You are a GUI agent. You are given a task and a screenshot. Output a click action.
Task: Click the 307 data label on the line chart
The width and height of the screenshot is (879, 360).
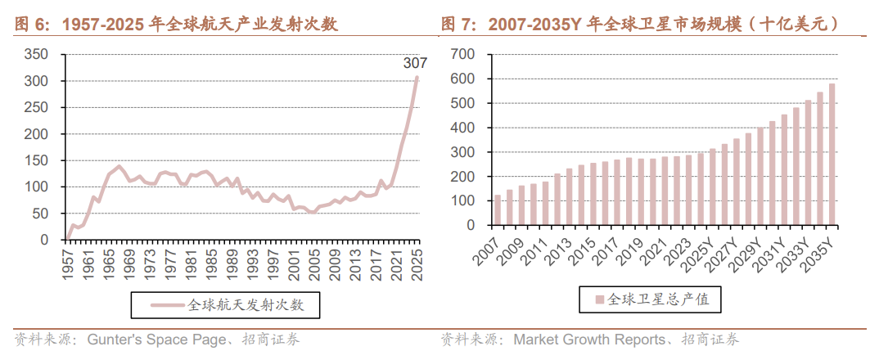pos(415,62)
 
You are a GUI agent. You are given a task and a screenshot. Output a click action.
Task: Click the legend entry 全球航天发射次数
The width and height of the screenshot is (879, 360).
pos(246,305)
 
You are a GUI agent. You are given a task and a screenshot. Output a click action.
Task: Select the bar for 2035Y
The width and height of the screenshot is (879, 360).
pos(832,154)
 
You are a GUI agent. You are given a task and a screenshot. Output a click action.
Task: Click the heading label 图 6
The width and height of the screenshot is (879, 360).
pos(31,25)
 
